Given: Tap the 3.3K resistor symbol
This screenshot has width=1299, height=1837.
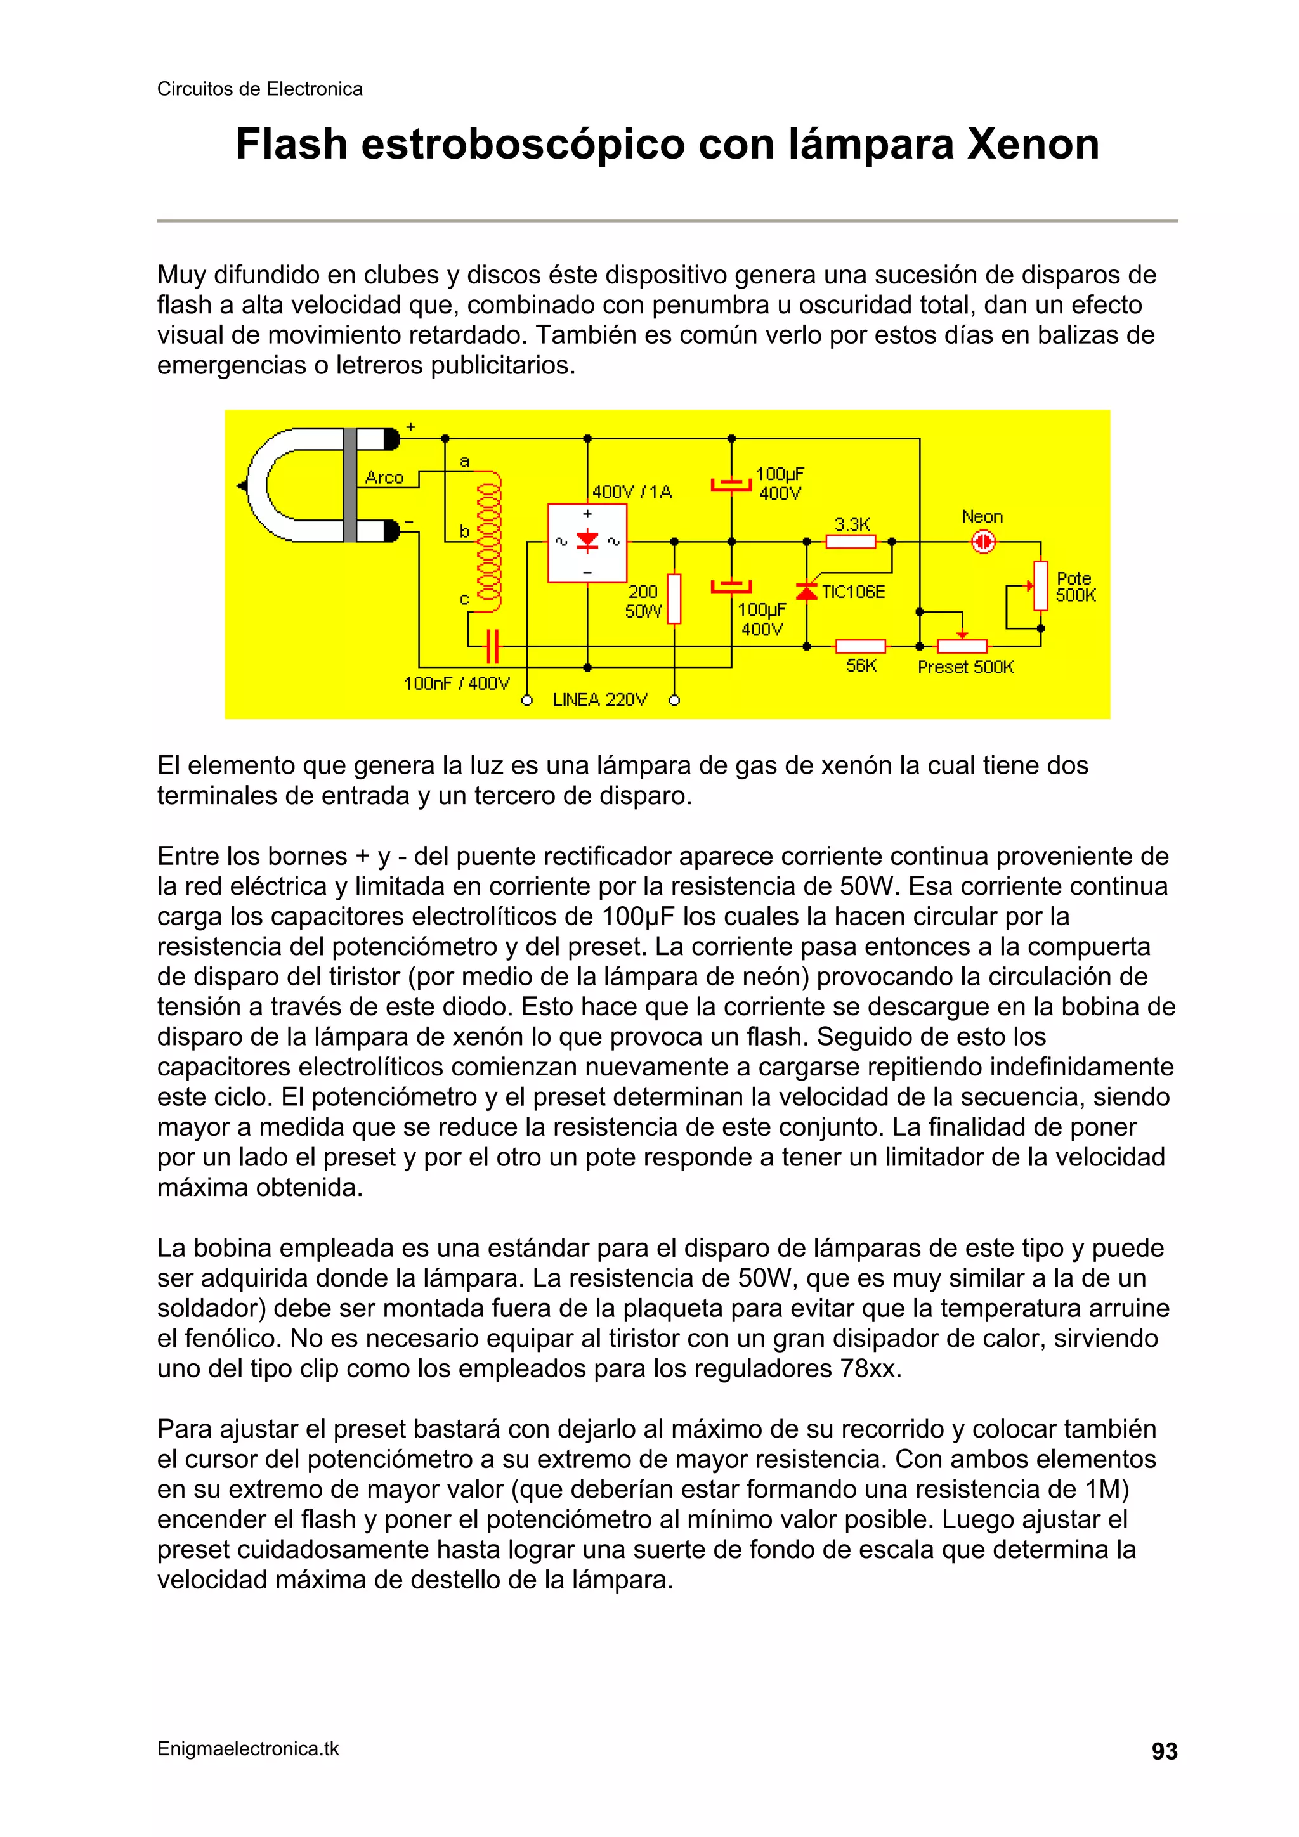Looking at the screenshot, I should click(x=851, y=542).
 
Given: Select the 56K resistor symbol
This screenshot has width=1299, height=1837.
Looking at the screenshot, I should click(x=861, y=646).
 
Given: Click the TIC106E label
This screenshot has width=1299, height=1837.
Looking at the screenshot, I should click(x=853, y=592).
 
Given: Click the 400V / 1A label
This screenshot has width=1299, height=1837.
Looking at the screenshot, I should click(x=632, y=491).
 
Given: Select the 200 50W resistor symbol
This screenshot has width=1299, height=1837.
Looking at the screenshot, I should click(x=674, y=599).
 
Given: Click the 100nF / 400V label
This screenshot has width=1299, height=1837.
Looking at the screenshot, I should click(x=456, y=684).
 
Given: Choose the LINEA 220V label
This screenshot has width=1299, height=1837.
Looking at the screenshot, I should click(x=599, y=700).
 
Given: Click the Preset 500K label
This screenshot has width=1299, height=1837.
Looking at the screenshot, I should click(x=965, y=667).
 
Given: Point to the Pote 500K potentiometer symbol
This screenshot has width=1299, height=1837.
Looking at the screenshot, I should click(x=1040, y=586).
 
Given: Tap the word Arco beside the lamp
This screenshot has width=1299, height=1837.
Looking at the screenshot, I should click(x=384, y=477).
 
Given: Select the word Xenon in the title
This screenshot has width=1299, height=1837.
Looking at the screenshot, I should click(x=1033, y=145).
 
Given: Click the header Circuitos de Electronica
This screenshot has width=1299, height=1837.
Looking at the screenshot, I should click(x=259, y=89).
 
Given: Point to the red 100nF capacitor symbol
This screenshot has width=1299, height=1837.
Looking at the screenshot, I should click(x=493, y=646).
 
